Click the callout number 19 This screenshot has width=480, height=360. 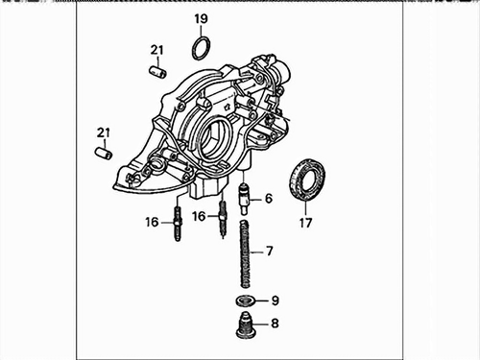coord(201,19)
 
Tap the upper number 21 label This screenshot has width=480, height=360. coord(156,50)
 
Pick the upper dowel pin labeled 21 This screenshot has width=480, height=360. coord(158,71)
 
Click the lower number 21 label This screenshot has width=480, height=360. coord(103,132)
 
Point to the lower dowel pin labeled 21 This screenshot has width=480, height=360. coord(104,153)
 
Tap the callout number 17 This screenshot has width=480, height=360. coord(305,223)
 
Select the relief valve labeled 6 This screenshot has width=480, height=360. coord(245,199)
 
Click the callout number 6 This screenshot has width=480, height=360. coord(269,199)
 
